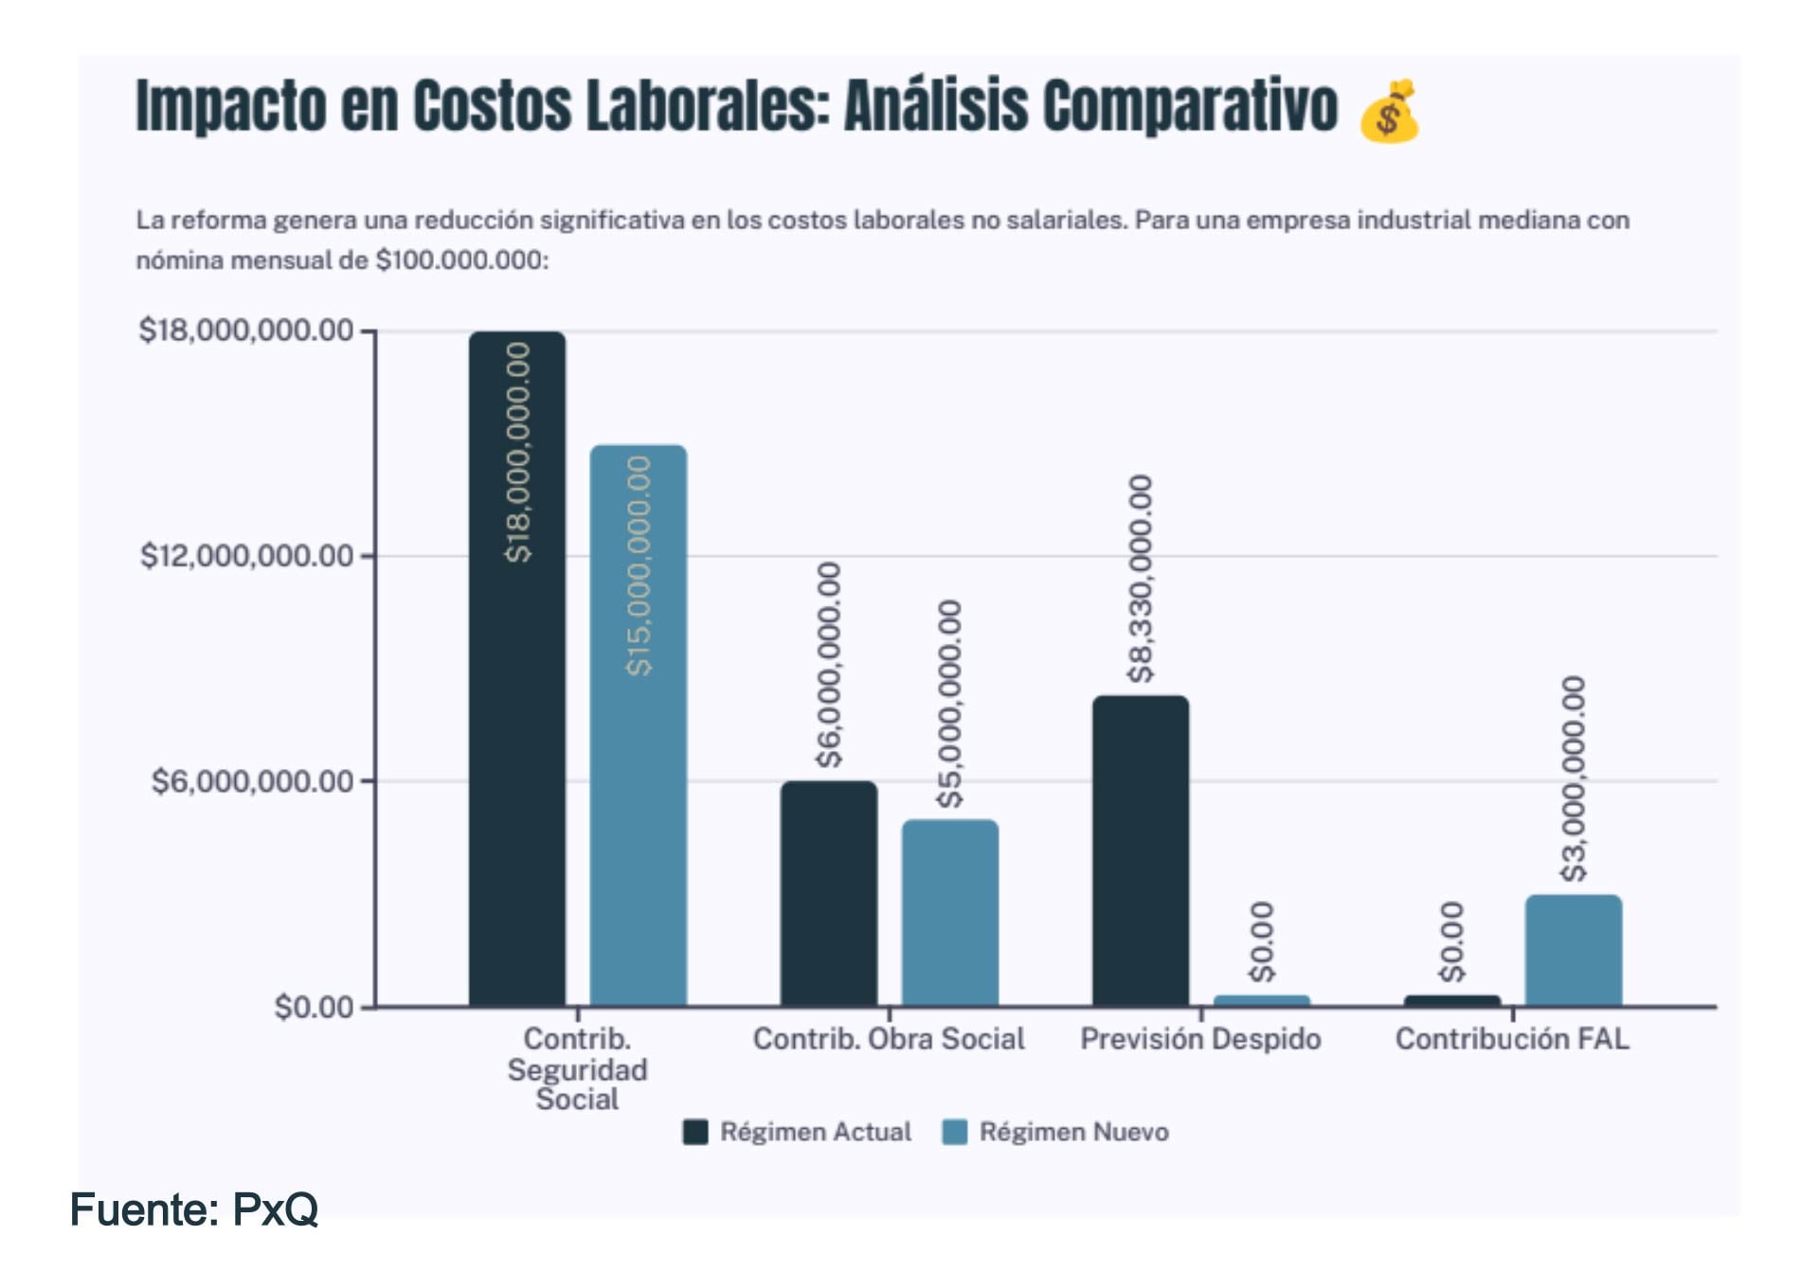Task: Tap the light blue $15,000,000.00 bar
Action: tap(638, 758)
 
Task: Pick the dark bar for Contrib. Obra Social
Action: tap(828, 894)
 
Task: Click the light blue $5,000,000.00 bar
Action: tap(949, 913)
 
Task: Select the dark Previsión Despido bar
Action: tap(1140, 852)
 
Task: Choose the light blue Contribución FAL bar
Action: tap(1573, 950)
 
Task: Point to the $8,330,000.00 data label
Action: tap(1141, 579)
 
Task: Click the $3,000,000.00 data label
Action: tap(1573, 779)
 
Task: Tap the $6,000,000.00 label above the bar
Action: tap(829, 665)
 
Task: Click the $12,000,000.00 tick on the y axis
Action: tap(247, 556)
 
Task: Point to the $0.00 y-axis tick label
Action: tap(314, 1007)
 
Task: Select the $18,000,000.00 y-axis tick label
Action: tap(245, 331)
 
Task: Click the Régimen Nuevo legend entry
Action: tap(1056, 1132)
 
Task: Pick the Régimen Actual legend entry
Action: tap(798, 1132)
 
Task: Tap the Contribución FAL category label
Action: tap(1512, 1039)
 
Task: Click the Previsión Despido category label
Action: tap(1200, 1039)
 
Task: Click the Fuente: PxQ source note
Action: tap(194, 1209)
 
